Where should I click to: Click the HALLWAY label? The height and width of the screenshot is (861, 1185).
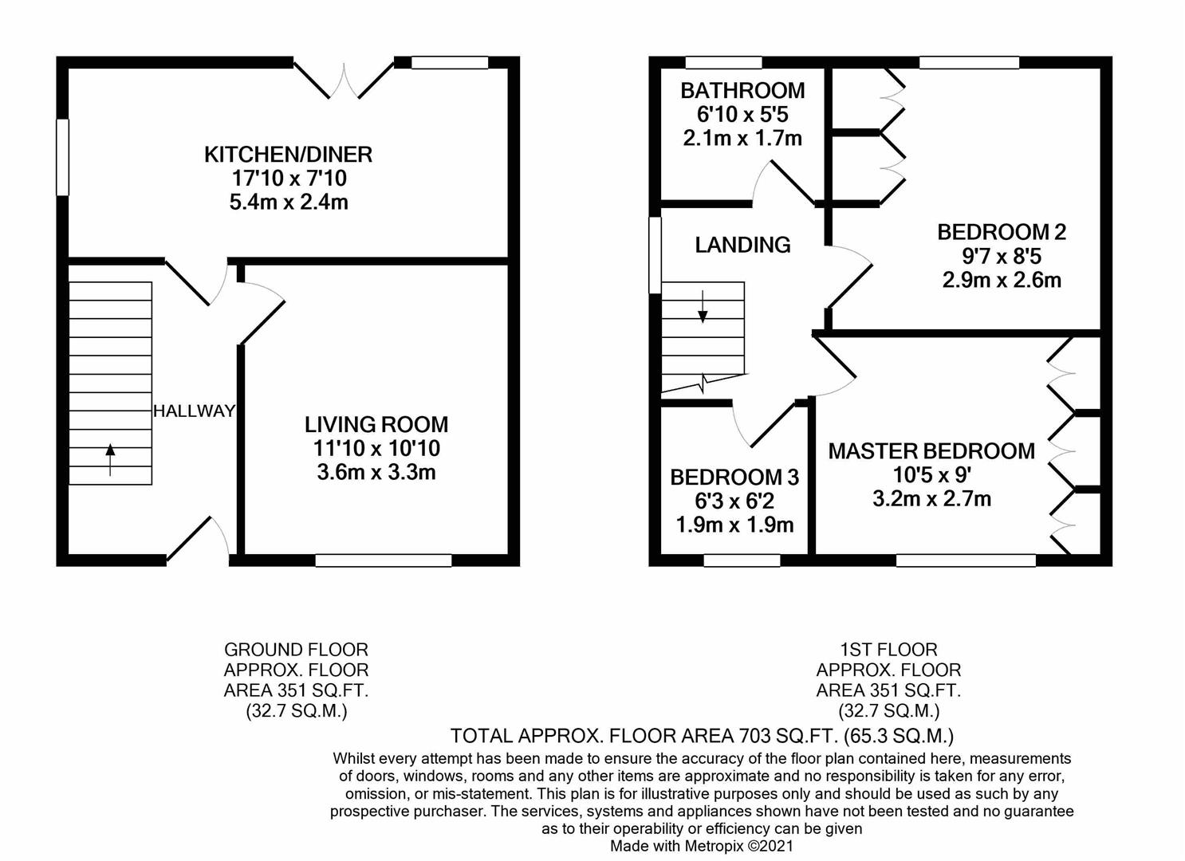pyautogui.click(x=194, y=411)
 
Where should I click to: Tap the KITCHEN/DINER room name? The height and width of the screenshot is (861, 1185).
pyautogui.click(x=288, y=154)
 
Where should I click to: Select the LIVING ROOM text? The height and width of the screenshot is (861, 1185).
pyautogui.click(x=376, y=424)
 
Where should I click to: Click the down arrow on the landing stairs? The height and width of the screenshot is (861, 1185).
pyautogui.click(x=703, y=307)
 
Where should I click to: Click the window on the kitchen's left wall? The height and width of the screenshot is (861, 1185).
pyautogui.click(x=62, y=157)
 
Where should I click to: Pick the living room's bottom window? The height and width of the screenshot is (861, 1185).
pyautogui.click(x=384, y=560)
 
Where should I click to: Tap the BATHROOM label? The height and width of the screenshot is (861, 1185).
pyautogui.click(x=742, y=91)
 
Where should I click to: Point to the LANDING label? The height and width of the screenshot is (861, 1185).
pyautogui.click(x=742, y=245)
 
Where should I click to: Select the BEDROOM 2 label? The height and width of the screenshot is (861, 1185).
pyautogui.click(x=1002, y=232)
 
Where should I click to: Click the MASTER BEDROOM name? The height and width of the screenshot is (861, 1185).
pyautogui.click(x=931, y=451)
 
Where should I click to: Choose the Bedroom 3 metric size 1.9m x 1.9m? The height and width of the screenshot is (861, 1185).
pyautogui.click(x=734, y=525)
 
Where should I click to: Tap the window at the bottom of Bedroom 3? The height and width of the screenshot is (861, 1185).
pyautogui.click(x=742, y=560)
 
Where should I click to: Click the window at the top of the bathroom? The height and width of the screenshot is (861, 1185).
pyautogui.click(x=723, y=63)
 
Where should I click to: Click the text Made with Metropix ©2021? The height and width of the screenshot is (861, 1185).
pyautogui.click(x=702, y=846)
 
